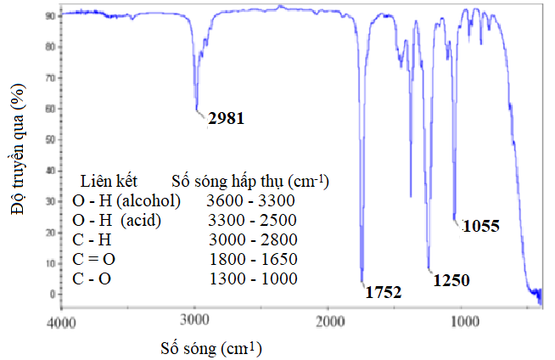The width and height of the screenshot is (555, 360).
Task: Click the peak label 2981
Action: [225, 119]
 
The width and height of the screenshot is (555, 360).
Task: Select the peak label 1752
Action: [383, 293]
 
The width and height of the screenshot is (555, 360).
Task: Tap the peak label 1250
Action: [451, 279]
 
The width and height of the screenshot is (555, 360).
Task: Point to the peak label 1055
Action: [480, 226]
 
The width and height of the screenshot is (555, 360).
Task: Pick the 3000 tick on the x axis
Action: [195, 323]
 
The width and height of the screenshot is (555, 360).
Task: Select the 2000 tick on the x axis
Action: [329, 323]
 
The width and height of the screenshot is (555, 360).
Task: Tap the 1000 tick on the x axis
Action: [463, 323]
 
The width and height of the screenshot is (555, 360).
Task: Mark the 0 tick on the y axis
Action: [53, 294]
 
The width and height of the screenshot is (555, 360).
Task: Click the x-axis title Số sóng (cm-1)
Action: [210, 348]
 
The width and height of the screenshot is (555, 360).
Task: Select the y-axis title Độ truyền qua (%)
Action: [17, 154]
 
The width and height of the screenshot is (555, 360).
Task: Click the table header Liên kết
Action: [109, 182]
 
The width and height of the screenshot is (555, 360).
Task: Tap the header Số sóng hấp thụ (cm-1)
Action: [249, 182]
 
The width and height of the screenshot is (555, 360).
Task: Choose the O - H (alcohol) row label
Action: [126, 201]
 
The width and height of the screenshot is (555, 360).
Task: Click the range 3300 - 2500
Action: [250, 221]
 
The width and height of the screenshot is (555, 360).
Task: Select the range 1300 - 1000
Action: [250, 278]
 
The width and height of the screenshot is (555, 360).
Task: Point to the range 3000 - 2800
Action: [250, 239]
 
